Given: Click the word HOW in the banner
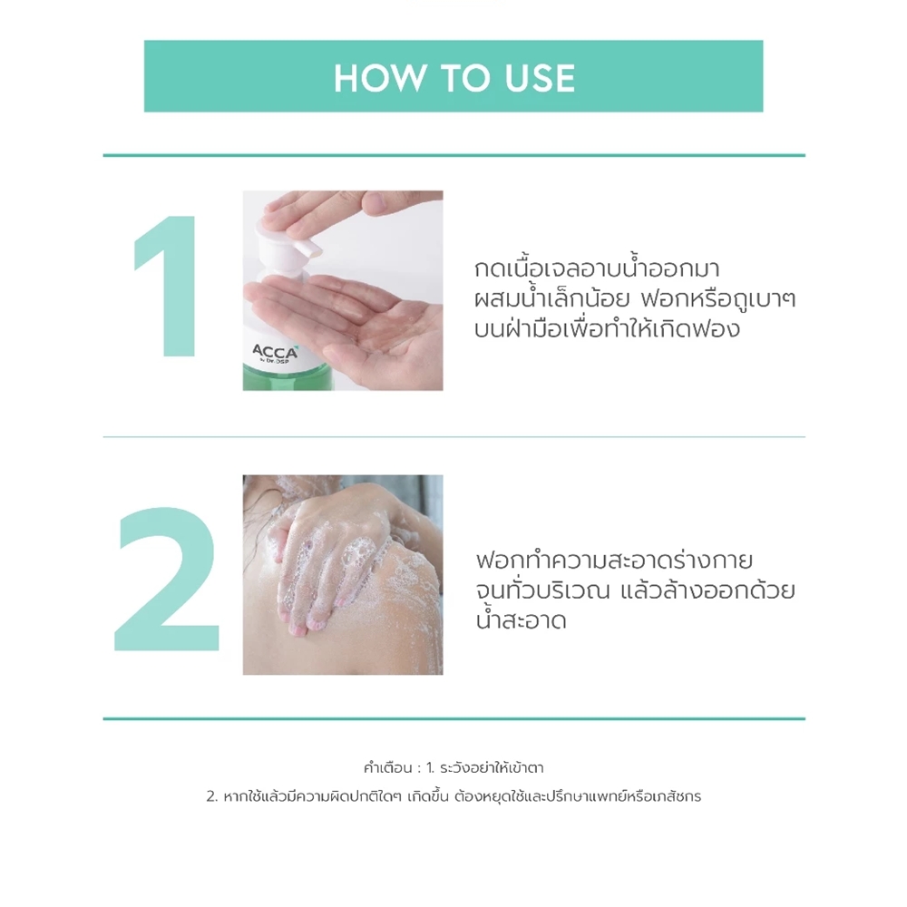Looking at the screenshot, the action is pyautogui.click(x=379, y=78).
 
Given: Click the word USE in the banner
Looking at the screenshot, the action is pyautogui.click(x=541, y=78).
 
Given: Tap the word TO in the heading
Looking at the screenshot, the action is pyautogui.click(x=463, y=78).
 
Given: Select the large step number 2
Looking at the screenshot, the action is pyautogui.click(x=168, y=579).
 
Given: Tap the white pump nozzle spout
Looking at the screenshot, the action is pyautogui.click(x=307, y=245).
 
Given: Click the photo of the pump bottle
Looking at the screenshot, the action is pyautogui.click(x=343, y=290).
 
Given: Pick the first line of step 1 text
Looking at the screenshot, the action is pyautogui.click(x=597, y=269).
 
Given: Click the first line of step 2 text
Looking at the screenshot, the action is pyautogui.click(x=614, y=561).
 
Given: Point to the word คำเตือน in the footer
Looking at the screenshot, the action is pyautogui.click(x=388, y=768).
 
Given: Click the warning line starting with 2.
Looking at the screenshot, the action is pyautogui.click(x=454, y=796).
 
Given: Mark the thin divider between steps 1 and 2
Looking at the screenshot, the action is pyautogui.click(x=454, y=437).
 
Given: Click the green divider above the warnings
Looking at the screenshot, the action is pyautogui.click(x=454, y=719).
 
